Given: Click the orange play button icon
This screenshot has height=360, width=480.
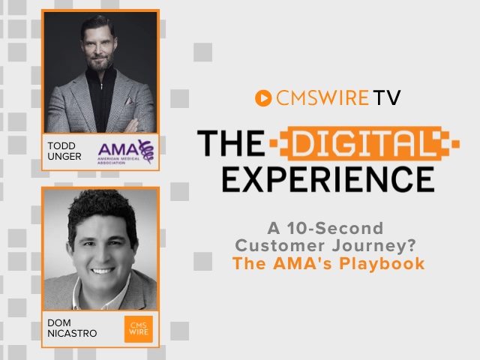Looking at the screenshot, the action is (263, 98).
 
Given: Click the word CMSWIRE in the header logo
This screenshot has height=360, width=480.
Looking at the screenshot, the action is (322, 98).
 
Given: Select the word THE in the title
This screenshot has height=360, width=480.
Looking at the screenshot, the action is (231, 143).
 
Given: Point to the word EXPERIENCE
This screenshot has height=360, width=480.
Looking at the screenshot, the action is (328, 179).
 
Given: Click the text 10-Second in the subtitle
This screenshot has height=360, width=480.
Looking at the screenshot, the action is (335, 228).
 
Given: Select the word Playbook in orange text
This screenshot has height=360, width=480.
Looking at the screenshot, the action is (382, 264).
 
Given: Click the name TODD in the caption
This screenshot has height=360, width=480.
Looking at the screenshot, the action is (61, 145).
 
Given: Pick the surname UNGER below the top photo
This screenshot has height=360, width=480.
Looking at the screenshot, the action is (64, 157).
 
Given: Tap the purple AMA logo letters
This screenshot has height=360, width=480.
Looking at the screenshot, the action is (118, 149).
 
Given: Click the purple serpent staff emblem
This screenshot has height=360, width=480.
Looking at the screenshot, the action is (146, 151).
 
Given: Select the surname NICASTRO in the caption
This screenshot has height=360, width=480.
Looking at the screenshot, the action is (72, 333).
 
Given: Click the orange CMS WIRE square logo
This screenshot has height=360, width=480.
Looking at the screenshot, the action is (138, 328).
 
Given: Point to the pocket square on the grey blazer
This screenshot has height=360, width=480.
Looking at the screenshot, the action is (129, 100).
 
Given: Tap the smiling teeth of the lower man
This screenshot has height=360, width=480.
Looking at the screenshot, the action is (102, 271).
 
